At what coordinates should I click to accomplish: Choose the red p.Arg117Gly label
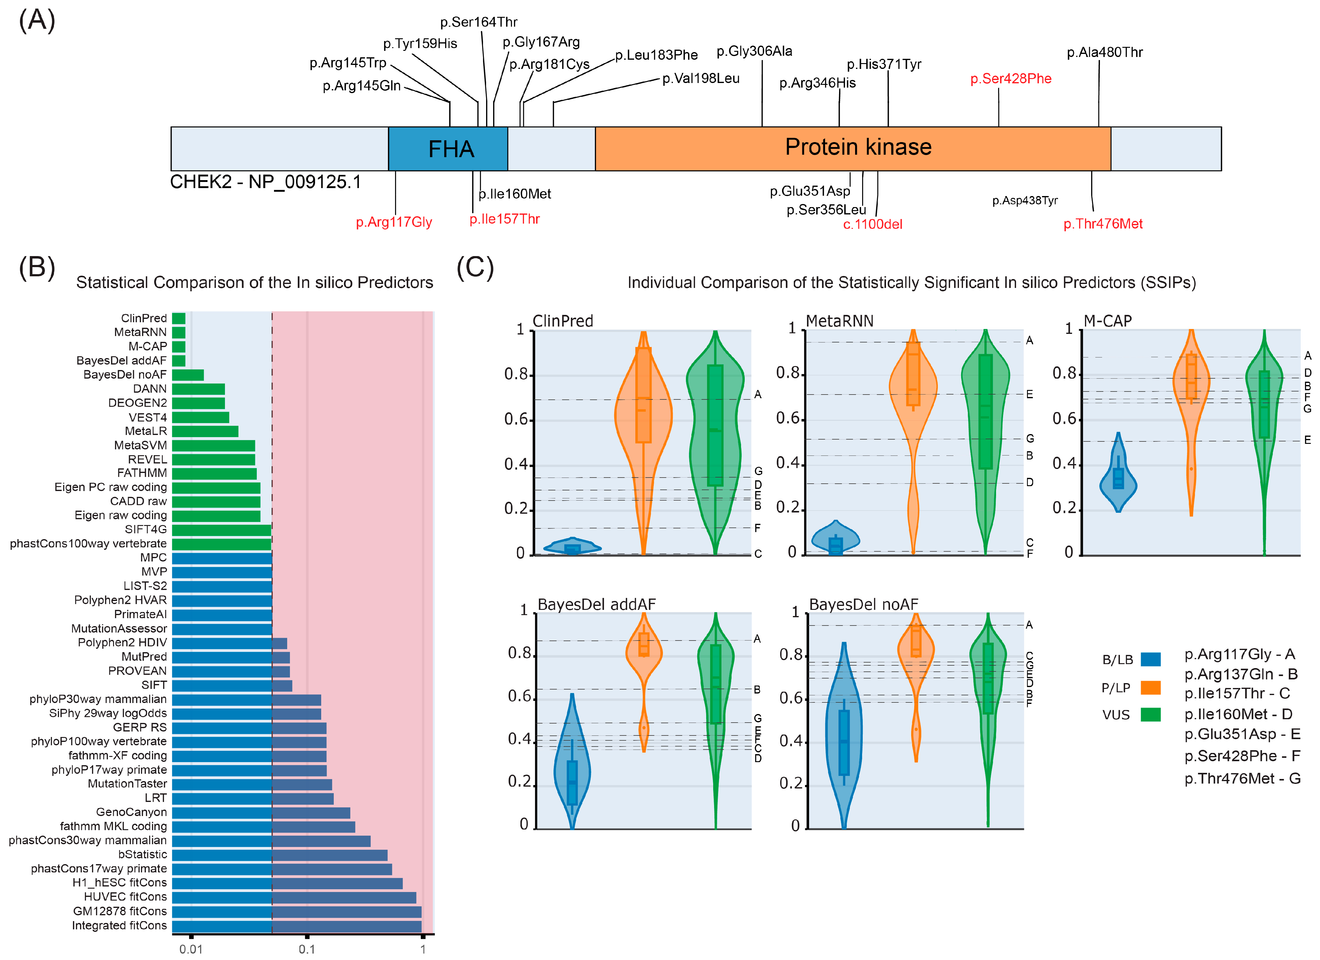point(394,222)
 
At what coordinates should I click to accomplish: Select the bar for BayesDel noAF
point(188,375)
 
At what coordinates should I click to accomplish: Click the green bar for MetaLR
point(205,431)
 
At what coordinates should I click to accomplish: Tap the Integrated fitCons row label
point(119,925)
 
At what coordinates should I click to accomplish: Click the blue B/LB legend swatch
point(1151,659)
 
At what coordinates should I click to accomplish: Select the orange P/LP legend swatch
point(1151,688)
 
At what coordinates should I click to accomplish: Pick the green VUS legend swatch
point(1151,714)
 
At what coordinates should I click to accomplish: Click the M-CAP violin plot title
point(1108,321)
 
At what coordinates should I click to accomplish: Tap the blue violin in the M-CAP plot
point(1118,477)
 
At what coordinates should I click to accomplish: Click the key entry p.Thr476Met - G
point(1242,778)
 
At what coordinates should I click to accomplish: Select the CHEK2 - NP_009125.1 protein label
point(265,182)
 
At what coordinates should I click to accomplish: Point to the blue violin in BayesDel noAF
point(843,739)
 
